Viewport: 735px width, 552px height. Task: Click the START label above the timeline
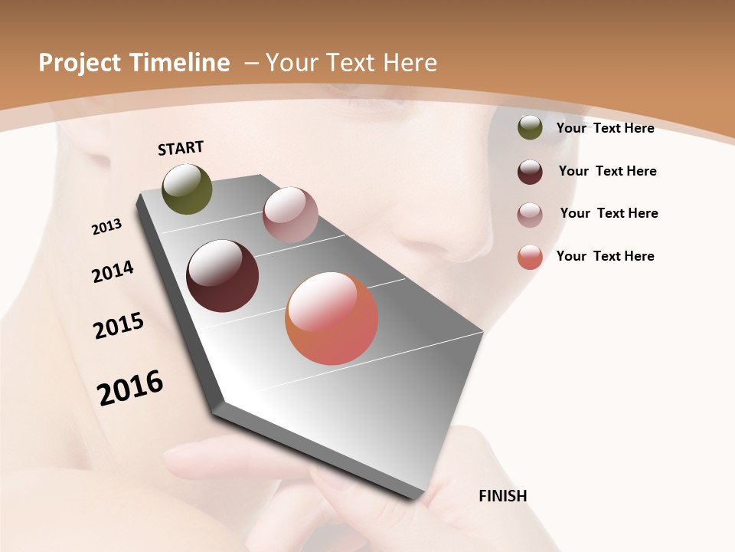(181, 148)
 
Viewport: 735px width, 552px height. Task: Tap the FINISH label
(502, 496)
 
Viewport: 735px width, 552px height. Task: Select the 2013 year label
(106, 227)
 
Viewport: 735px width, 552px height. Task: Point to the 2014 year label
(113, 271)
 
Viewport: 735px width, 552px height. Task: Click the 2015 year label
(119, 326)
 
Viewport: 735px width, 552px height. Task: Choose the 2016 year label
(130, 387)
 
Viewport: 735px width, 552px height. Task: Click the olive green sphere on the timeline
(187, 189)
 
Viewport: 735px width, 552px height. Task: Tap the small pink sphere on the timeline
(290, 215)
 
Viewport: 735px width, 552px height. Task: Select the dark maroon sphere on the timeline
(222, 276)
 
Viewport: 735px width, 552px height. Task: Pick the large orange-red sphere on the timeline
(332, 318)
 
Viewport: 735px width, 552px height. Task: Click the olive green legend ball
(530, 128)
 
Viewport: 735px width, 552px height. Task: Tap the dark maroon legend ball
(530, 172)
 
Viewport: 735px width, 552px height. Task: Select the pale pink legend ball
(530, 215)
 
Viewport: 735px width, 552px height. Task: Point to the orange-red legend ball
(530, 257)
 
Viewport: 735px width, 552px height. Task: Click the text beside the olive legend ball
(605, 128)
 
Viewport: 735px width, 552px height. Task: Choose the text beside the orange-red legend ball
(605, 256)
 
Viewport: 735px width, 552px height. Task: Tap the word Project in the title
(77, 63)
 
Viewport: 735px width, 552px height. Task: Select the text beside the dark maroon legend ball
(607, 171)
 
